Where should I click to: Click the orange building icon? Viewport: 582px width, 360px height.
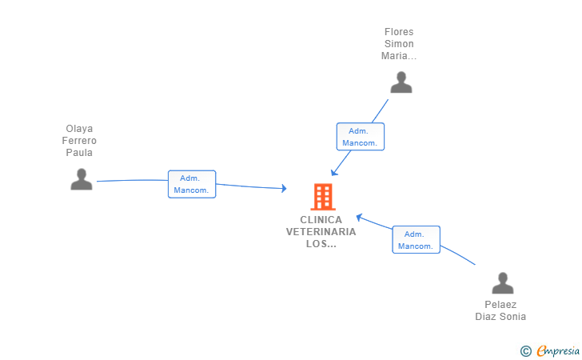coord(323,197)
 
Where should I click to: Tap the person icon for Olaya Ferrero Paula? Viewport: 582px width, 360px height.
coord(82,179)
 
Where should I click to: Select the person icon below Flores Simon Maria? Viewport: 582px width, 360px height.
coord(401,82)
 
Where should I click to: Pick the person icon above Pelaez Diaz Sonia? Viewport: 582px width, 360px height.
coord(503,282)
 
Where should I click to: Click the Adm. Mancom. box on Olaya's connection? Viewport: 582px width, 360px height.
coord(192,184)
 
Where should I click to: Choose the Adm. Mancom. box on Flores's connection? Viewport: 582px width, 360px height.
coord(361,137)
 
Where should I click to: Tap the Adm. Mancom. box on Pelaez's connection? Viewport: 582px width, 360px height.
coord(416,240)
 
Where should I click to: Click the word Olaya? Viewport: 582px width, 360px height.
coord(79,129)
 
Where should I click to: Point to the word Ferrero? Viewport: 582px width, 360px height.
coord(79,141)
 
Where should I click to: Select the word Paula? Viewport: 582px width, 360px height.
coord(79,152)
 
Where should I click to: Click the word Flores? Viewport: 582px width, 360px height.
coord(399,31)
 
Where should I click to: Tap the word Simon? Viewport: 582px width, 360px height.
coord(399,43)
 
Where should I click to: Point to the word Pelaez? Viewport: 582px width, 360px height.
coord(500,305)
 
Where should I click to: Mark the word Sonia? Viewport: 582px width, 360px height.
coord(514,317)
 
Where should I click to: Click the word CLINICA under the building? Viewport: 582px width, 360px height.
coord(321,219)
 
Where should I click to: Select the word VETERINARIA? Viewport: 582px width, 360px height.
coord(321,232)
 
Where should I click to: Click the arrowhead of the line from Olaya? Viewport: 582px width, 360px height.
coord(284,188)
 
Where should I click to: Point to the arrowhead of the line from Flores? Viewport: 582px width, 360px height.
coord(334,172)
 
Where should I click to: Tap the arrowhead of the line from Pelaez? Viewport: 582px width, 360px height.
coord(359,217)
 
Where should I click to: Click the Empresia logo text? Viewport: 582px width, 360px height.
coord(557,351)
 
